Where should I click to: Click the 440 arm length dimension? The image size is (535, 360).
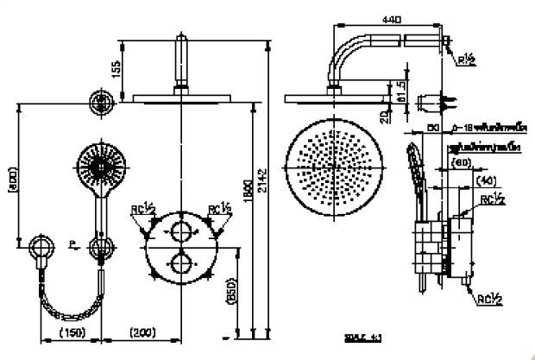click(x=393, y=18)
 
